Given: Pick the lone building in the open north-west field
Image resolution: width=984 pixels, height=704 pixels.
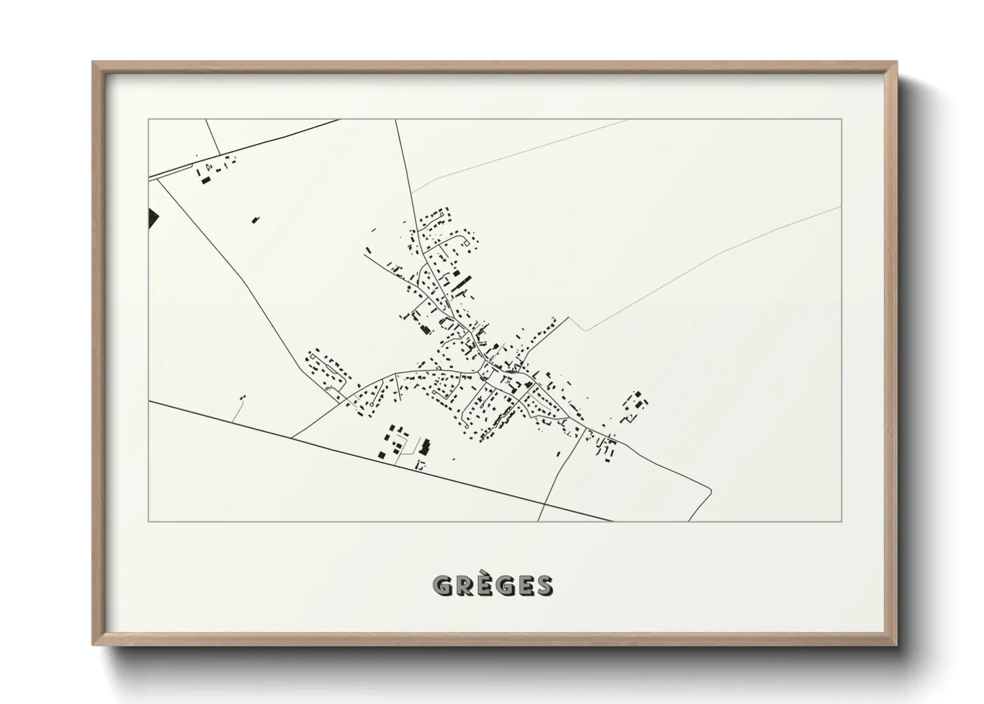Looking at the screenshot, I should click(255, 219).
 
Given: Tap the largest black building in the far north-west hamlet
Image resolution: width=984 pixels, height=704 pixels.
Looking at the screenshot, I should click(205, 180).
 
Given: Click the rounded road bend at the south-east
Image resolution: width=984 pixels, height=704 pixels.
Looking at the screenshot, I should click(710, 491).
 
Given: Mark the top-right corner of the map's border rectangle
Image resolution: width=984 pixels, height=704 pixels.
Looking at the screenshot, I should click(842, 119).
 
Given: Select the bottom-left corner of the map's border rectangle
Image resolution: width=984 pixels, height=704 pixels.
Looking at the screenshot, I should click(149, 522).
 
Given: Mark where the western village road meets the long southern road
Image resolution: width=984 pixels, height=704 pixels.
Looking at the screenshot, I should click(292, 437).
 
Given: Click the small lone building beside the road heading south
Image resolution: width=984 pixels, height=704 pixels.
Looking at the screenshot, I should click(558, 454).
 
